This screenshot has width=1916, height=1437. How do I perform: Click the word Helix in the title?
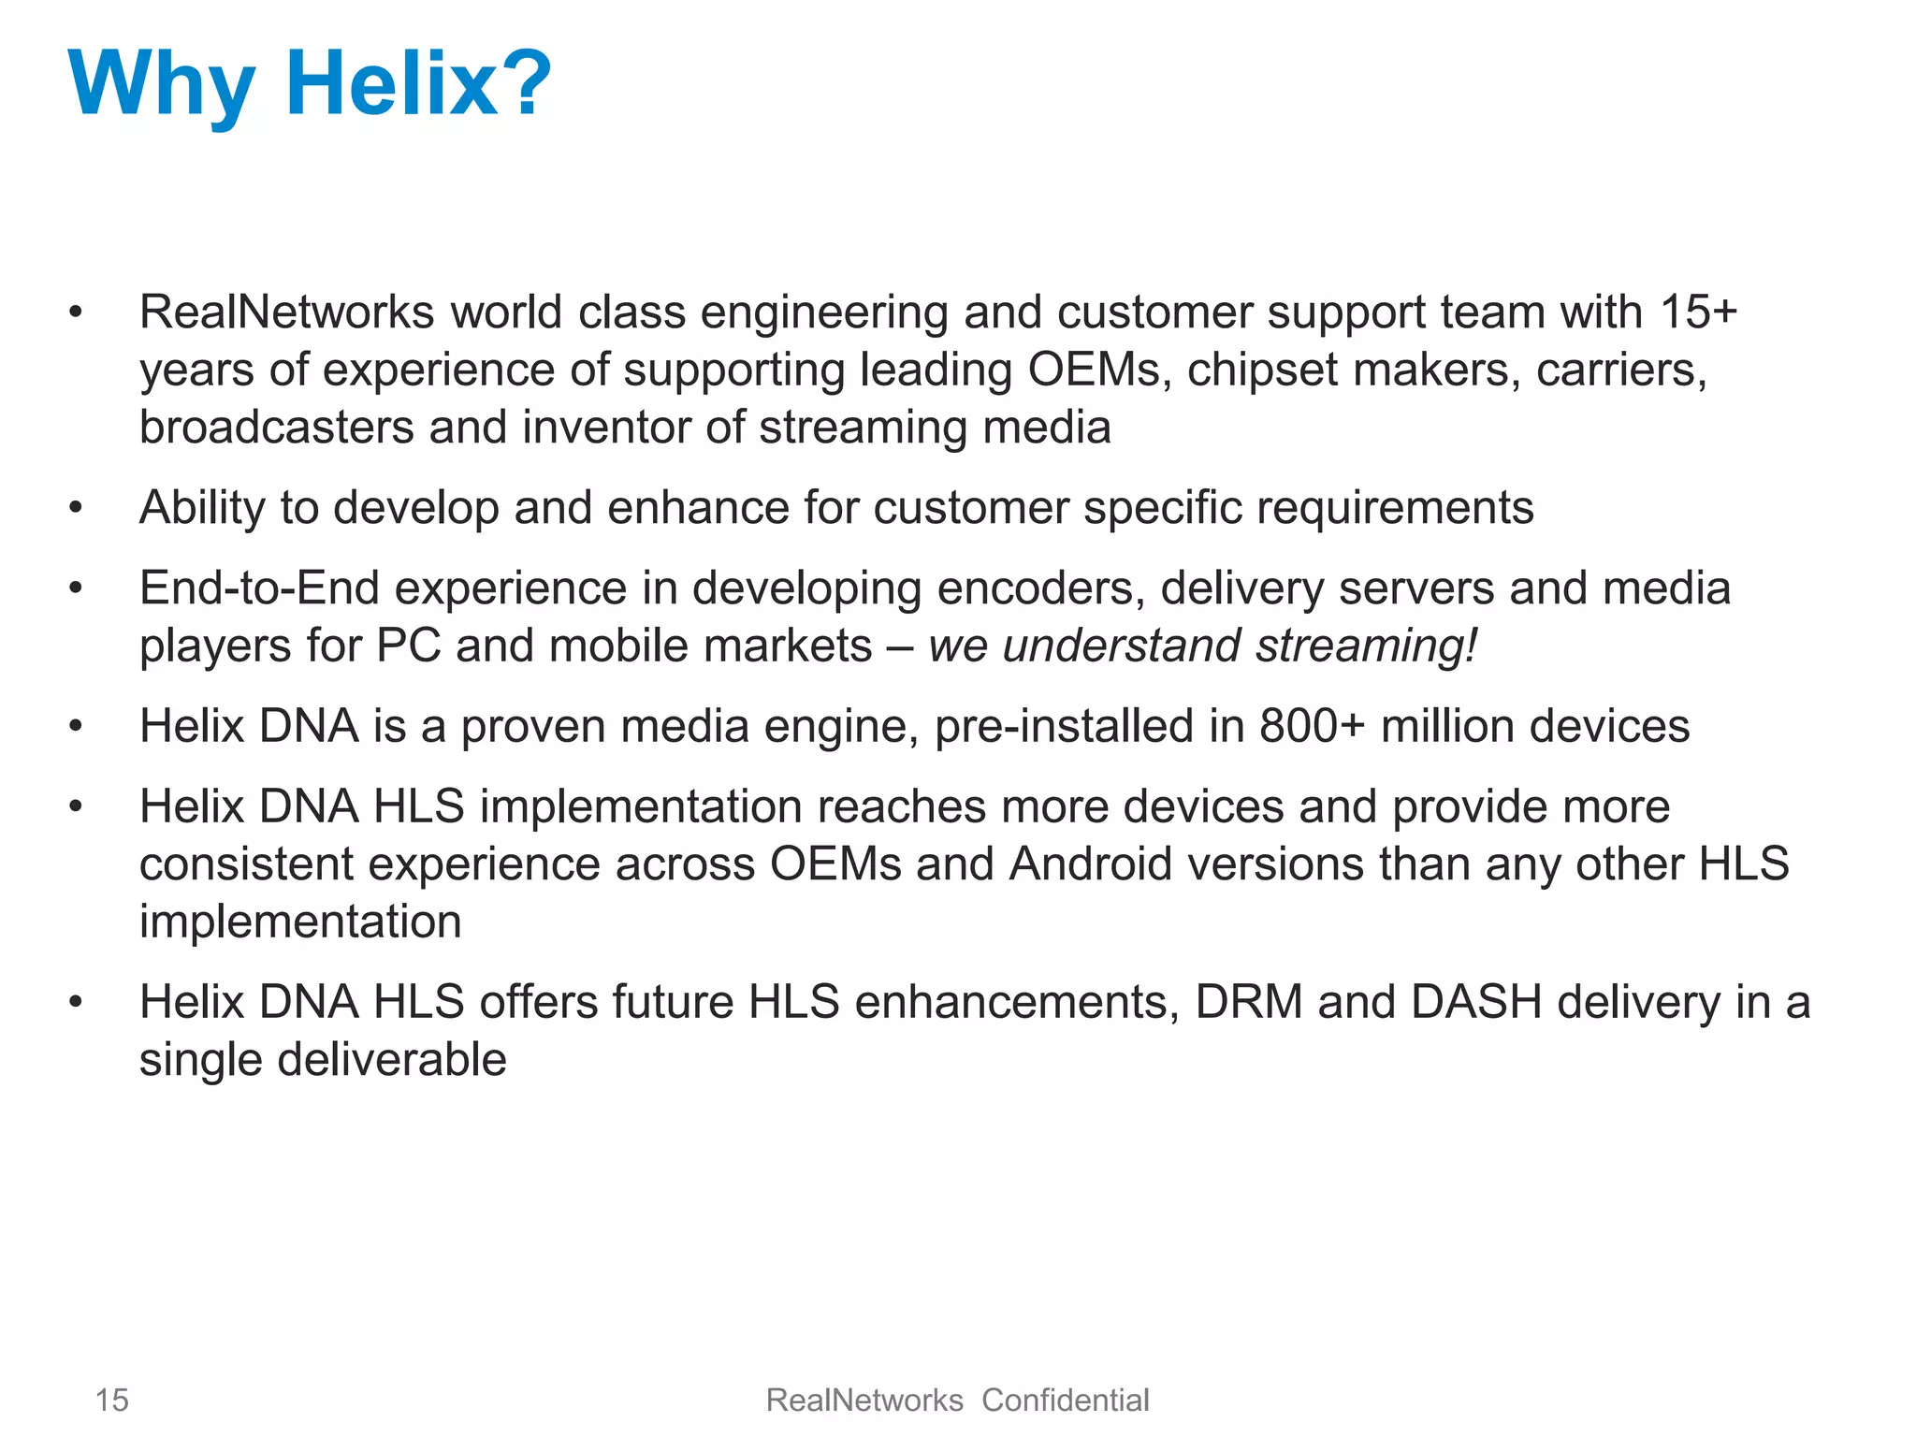[x=391, y=84]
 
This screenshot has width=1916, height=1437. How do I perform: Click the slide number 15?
[x=112, y=1401]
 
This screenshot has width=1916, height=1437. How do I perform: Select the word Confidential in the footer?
[x=1065, y=1401]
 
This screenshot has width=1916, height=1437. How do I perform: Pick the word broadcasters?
[x=276, y=428]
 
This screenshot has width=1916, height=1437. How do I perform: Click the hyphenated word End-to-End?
[x=259, y=588]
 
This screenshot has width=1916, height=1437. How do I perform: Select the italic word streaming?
[x=1367, y=646]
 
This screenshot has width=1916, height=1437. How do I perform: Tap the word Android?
[x=1091, y=864]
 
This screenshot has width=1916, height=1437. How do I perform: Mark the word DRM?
[x=1249, y=1003]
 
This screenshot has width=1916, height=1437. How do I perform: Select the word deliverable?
[x=391, y=1060]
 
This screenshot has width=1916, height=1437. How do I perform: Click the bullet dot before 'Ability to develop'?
[x=76, y=509]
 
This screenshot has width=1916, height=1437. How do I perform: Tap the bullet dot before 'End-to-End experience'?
[x=76, y=589]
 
